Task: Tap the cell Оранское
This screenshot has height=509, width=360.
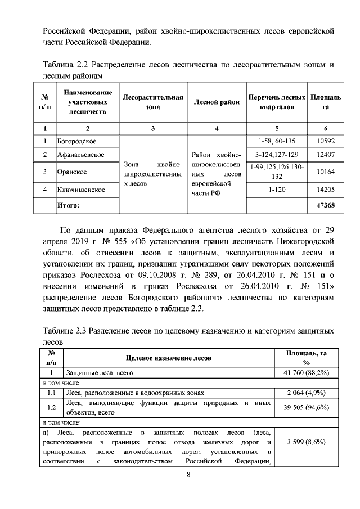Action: point(73,172)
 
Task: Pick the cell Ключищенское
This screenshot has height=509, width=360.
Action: point(82,190)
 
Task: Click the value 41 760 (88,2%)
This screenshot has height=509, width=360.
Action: point(307,372)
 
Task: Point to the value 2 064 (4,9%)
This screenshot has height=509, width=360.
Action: point(307,393)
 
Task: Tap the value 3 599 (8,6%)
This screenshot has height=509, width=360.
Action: point(307,442)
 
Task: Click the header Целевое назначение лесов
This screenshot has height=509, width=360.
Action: point(168,357)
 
